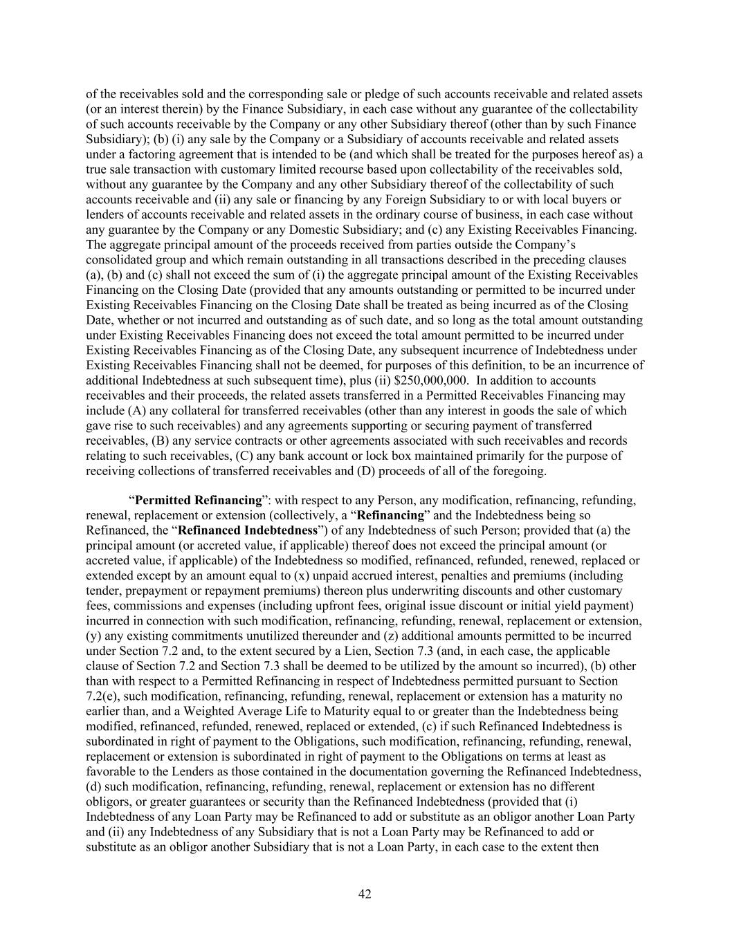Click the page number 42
tap(365, 894)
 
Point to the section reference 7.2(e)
tap(103, 696)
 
